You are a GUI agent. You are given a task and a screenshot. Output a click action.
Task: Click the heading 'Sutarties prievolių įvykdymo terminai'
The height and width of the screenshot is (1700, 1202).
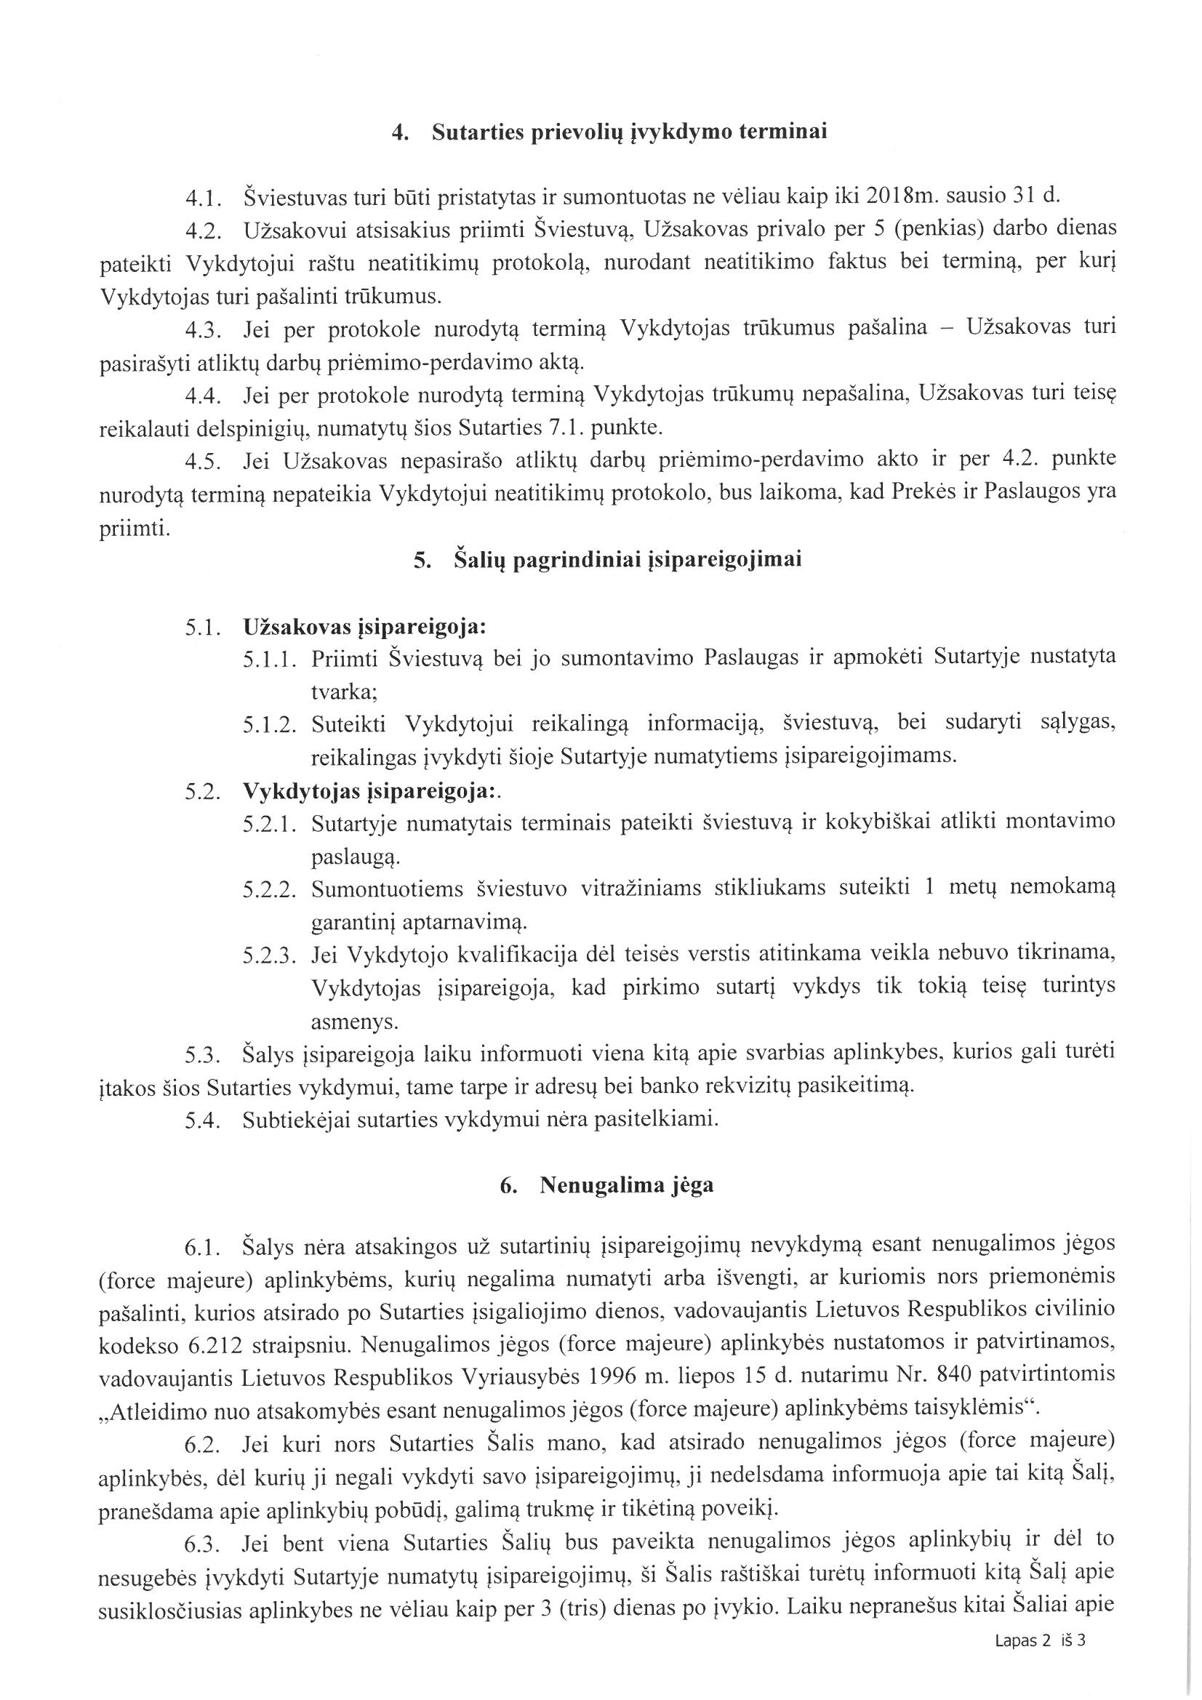pyautogui.click(x=629, y=132)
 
